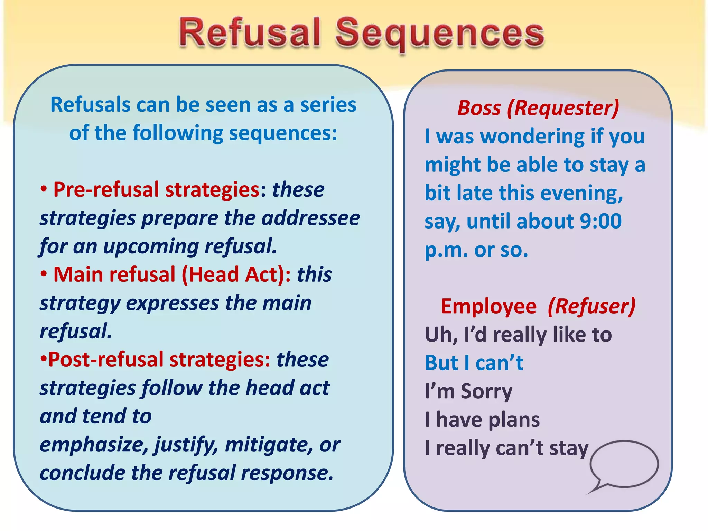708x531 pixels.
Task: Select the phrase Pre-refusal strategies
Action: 156,190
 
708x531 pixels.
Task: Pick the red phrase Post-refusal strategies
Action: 159,360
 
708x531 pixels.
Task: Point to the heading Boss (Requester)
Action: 538,108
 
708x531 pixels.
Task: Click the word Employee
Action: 488,307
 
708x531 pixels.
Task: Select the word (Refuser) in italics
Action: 591,307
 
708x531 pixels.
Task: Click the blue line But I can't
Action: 474,363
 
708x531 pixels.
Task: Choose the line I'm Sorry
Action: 468,392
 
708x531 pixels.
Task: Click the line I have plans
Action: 482,420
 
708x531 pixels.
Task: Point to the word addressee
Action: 310,218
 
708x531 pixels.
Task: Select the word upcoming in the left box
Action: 151,247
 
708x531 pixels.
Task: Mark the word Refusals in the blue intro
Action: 90,105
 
